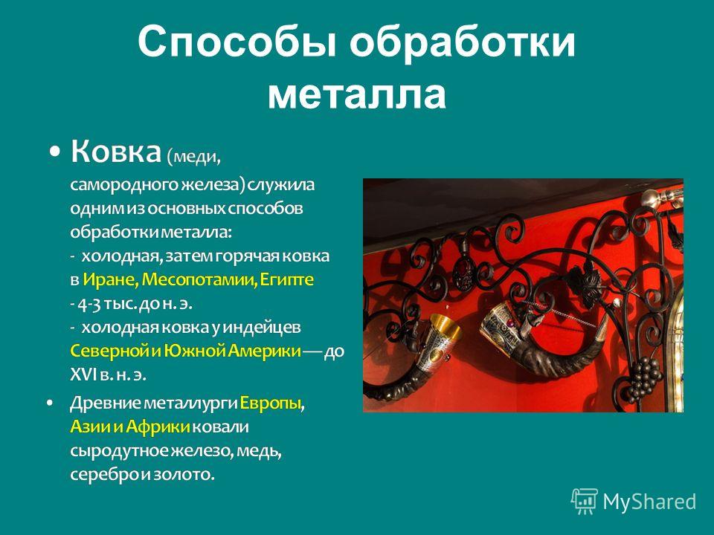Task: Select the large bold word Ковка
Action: coord(116,151)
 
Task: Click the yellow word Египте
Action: coord(287,279)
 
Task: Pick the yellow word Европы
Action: coord(270,403)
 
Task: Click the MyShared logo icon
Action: coord(585,502)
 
